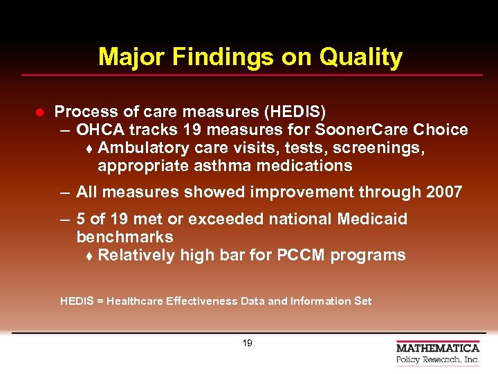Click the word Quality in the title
click(x=360, y=57)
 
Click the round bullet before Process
click(x=40, y=112)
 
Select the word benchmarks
click(x=124, y=237)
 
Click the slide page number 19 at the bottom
click(x=247, y=343)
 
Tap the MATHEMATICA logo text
click(x=437, y=348)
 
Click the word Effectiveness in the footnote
click(x=201, y=301)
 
